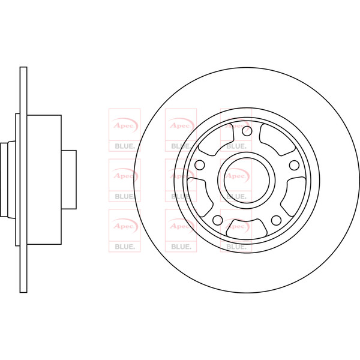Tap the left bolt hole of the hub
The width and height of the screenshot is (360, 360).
point(200,165)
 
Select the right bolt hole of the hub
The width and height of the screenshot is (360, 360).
point(293,165)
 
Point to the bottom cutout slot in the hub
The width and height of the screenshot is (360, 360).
point(247,227)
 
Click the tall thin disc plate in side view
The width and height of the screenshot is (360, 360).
point(23,179)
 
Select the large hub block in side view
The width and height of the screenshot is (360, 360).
point(44,179)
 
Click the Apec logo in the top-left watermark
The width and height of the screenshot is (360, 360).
point(124,124)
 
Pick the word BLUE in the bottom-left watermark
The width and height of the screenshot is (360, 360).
point(124,245)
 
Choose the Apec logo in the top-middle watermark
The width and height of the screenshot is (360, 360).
point(181,124)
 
